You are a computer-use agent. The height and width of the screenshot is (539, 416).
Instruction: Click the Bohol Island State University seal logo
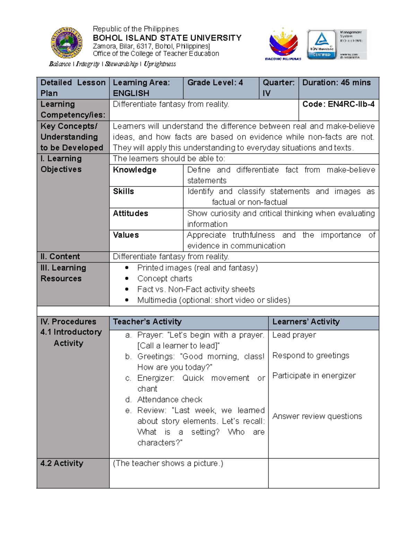tap(67, 43)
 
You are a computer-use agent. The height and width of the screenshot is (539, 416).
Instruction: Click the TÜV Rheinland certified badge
tap(322, 44)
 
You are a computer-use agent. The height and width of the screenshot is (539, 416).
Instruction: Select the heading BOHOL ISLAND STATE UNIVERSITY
tap(167, 38)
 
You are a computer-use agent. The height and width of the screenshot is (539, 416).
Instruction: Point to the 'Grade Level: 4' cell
tap(215, 83)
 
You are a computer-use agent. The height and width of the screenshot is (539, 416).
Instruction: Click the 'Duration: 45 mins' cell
tap(336, 83)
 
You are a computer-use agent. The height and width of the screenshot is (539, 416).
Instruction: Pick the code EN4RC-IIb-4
tap(338, 104)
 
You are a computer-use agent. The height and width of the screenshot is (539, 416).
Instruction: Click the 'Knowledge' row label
tap(135, 170)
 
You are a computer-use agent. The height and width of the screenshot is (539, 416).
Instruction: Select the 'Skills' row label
tap(123, 191)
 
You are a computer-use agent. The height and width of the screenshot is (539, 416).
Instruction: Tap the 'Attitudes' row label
tap(130, 213)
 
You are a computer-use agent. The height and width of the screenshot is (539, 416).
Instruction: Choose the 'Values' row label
tap(126, 235)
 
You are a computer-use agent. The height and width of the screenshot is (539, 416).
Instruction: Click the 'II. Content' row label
tap(60, 256)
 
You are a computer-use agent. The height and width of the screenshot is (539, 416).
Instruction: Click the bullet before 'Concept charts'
tap(127, 278)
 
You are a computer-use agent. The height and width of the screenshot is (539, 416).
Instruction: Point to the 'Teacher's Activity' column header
tap(147, 322)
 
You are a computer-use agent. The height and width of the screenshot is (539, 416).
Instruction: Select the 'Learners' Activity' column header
tap(306, 322)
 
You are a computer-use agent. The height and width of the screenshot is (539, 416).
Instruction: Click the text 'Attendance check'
tap(170, 399)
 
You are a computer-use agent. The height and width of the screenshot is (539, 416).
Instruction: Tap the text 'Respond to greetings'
tap(311, 355)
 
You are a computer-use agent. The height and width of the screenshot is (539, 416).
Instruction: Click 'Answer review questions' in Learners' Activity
tap(317, 416)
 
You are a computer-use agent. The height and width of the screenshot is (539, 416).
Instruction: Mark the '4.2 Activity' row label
tap(62, 463)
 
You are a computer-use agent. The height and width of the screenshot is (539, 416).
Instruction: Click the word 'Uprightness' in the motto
tap(160, 64)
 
